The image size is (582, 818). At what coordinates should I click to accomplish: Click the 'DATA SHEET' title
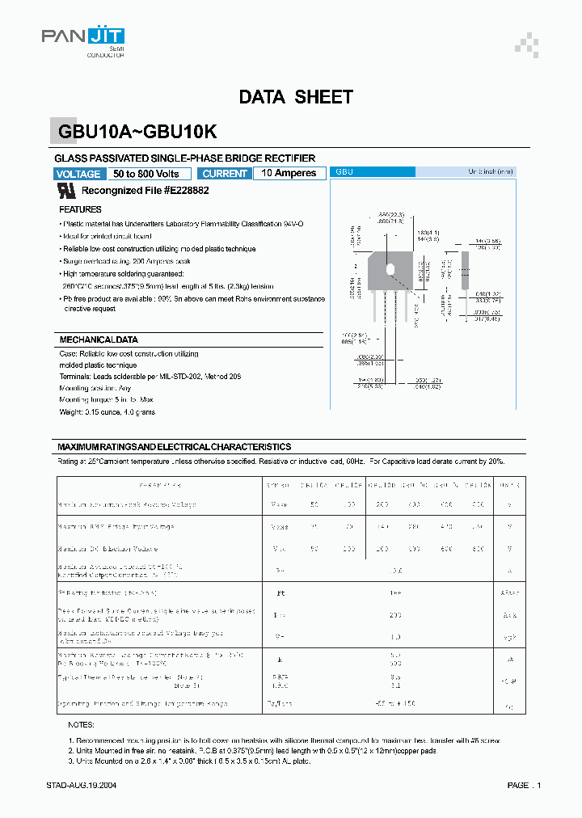pos(296,97)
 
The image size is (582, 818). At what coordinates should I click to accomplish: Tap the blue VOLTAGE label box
pos(78,174)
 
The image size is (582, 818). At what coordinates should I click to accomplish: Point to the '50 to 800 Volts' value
pos(146,174)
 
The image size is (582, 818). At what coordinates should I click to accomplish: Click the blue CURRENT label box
pos(225,174)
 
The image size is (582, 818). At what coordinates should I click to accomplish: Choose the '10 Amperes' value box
pos(289,173)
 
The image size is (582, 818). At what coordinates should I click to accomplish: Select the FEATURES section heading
pos(81,209)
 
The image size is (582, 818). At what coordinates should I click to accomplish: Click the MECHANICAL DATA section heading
pos(99,340)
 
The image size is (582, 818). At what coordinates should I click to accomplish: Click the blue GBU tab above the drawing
pos(374,172)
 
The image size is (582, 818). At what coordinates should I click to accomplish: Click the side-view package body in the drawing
pos(465,271)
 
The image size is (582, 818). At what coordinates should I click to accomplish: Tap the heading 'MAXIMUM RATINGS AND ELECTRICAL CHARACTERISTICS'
pos(174,447)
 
